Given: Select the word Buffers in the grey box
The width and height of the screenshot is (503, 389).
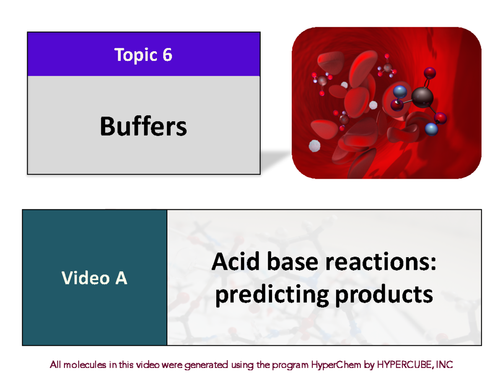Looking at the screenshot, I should [143, 126].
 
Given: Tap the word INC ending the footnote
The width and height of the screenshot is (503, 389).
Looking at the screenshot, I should [444, 366].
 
